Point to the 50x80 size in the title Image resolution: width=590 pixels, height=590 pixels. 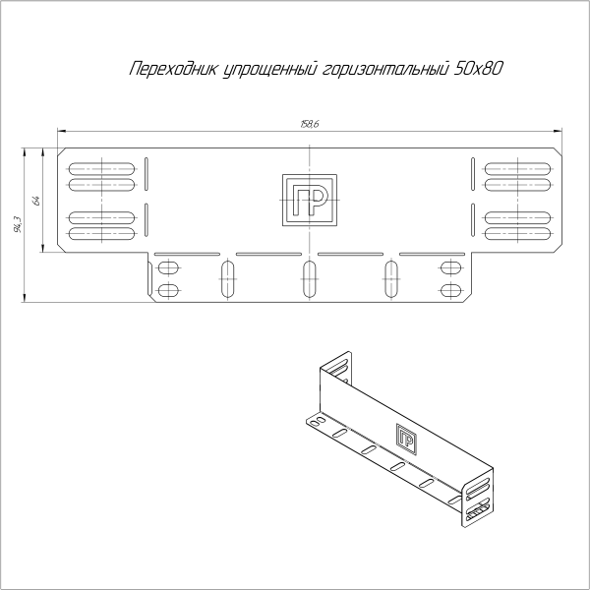pyautogui.click(x=481, y=69)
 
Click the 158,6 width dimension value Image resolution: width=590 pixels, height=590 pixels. pyautogui.click(x=310, y=123)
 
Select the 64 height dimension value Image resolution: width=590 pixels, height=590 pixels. pyautogui.click(x=35, y=200)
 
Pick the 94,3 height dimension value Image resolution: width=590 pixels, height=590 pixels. pyautogui.click(x=17, y=227)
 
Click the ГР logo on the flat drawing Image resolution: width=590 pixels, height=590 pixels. pyautogui.click(x=310, y=200)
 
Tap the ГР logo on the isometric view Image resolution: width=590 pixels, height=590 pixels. pyautogui.click(x=405, y=438)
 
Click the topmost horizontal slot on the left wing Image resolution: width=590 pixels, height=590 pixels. pyautogui.click(x=101, y=165)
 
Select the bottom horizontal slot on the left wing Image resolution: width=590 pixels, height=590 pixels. pyautogui.click(x=101, y=234)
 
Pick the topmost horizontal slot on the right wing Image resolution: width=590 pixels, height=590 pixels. pyautogui.click(x=516, y=165)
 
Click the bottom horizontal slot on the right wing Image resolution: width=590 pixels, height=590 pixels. pyautogui.click(x=516, y=234)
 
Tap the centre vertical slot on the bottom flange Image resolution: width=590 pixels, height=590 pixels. pyautogui.click(x=310, y=279)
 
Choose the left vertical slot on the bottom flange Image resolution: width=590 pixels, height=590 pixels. pyautogui.click(x=228, y=279)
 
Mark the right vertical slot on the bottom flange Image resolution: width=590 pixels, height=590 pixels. pyautogui.click(x=391, y=279)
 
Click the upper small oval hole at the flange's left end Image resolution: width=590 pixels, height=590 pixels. pyautogui.click(x=168, y=267)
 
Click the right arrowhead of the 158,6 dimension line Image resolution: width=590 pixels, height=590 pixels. pyautogui.click(x=557, y=130)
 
